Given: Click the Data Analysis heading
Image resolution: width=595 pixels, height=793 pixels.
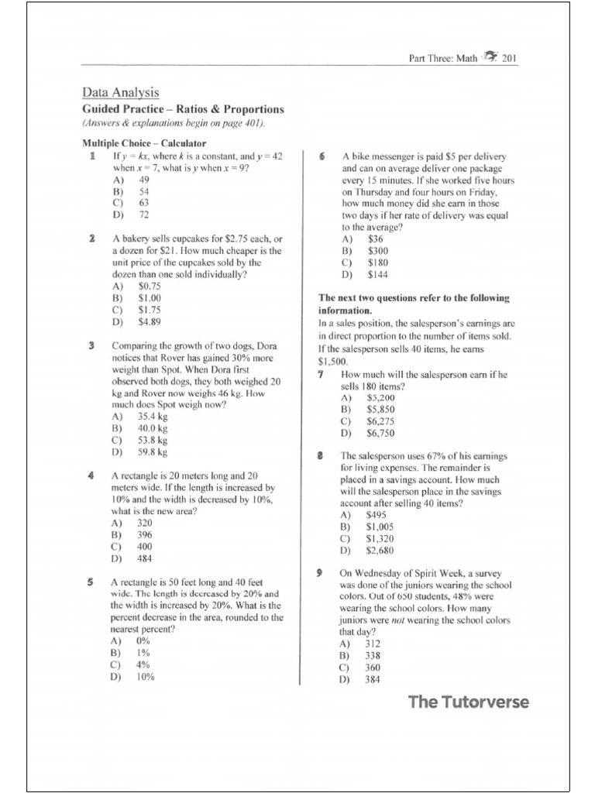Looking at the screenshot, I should pos(121,93).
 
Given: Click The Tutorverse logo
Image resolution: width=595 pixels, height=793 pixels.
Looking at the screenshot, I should pos(469,702).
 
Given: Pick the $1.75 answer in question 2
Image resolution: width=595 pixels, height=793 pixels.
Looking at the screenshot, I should pos(150,310).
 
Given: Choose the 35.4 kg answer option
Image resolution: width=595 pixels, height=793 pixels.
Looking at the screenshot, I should pos(153,416).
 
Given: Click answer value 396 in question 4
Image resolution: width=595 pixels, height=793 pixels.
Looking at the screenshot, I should pos(144,534).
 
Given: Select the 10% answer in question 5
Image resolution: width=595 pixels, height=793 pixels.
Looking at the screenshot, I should pos(145,676).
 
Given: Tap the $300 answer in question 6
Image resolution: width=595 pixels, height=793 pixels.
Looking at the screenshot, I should pos(378,251).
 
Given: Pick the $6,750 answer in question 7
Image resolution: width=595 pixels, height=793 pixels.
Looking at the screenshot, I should pos(382,433).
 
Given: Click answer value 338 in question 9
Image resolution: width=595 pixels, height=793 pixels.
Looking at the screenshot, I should pos(373,655).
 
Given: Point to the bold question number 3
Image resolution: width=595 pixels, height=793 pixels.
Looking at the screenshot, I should pos(91,345).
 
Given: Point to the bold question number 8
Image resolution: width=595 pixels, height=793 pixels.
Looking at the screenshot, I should pos(319,456).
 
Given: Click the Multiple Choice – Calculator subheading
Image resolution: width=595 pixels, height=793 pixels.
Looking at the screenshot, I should pos(144,143).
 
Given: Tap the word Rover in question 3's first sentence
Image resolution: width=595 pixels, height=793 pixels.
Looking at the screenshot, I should pos(177,358).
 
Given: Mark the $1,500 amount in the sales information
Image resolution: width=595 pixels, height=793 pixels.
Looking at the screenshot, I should pos(333,362).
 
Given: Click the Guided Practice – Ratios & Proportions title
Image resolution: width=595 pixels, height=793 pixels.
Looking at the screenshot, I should pos(184,109).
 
